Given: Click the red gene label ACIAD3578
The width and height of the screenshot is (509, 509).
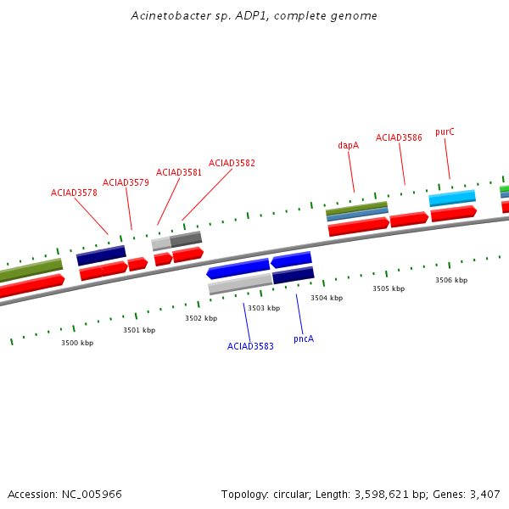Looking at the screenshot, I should tap(74, 193).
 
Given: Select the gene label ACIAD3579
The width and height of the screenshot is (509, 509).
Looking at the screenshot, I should tap(126, 182).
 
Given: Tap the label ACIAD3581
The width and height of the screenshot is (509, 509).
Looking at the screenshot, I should tap(179, 172).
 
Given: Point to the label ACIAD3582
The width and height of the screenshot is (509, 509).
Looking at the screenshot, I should tap(232, 163).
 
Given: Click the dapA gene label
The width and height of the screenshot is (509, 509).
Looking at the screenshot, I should tap(348, 145).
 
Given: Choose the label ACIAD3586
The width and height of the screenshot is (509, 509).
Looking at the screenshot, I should tap(399, 137).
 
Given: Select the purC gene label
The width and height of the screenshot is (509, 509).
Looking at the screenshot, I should tap(445, 131).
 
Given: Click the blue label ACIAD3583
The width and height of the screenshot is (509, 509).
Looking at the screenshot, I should tap(250, 346).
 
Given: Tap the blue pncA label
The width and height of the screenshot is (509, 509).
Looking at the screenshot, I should tap(304, 338).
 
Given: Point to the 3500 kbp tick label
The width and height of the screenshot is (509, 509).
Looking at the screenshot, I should tap(77, 343).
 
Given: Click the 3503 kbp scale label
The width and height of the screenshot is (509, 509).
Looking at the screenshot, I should tap(264, 308).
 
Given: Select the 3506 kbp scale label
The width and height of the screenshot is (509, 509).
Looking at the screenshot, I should tap(451, 280).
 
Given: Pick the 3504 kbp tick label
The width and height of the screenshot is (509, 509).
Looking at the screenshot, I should tap(327, 298).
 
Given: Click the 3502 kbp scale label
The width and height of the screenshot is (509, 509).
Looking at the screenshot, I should tap(201, 318).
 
